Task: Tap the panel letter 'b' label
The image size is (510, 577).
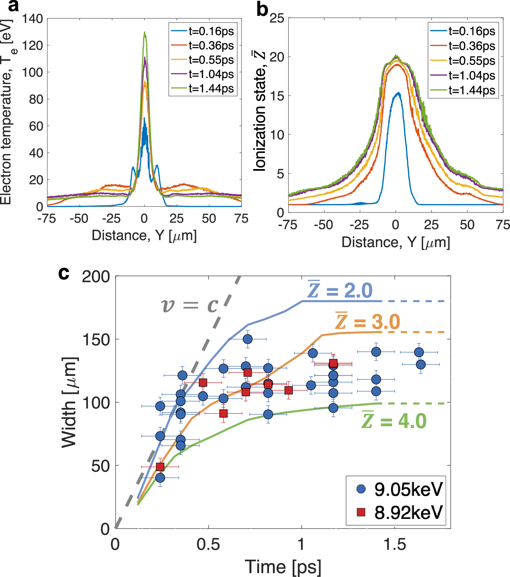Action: click(262, 9)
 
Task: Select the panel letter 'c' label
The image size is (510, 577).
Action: click(64, 273)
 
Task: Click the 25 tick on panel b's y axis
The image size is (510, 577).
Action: click(277, 18)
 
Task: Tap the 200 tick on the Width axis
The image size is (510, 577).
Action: click(96, 277)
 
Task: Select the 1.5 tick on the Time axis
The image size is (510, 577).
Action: click(394, 545)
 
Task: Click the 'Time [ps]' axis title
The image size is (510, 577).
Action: click(283, 567)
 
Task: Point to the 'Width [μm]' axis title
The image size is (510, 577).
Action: click(70, 402)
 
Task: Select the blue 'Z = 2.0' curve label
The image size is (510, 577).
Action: click(340, 290)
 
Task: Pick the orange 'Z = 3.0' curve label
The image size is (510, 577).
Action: click(368, 322)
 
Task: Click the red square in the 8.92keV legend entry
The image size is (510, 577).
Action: click(361, 512)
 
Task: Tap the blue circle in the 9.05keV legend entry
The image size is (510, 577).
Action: click(361, 489)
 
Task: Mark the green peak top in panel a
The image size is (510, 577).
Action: click(144, 33)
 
